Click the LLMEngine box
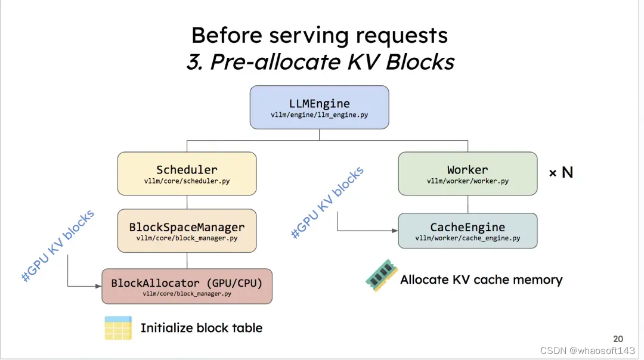[319, 107]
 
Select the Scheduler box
[187, 173]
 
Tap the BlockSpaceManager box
[187, 231]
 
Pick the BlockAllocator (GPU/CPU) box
[187, 287]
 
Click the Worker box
[467, 173]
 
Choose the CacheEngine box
[467, 231]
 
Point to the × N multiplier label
[561, 173]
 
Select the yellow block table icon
[118, 328]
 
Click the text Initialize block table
[201, 328]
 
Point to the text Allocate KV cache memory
[481, 280]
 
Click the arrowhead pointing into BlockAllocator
[98, 286]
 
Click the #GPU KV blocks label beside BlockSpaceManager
[58, 246]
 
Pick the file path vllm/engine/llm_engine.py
[319, 115]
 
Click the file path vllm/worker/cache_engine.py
[467, 238]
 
